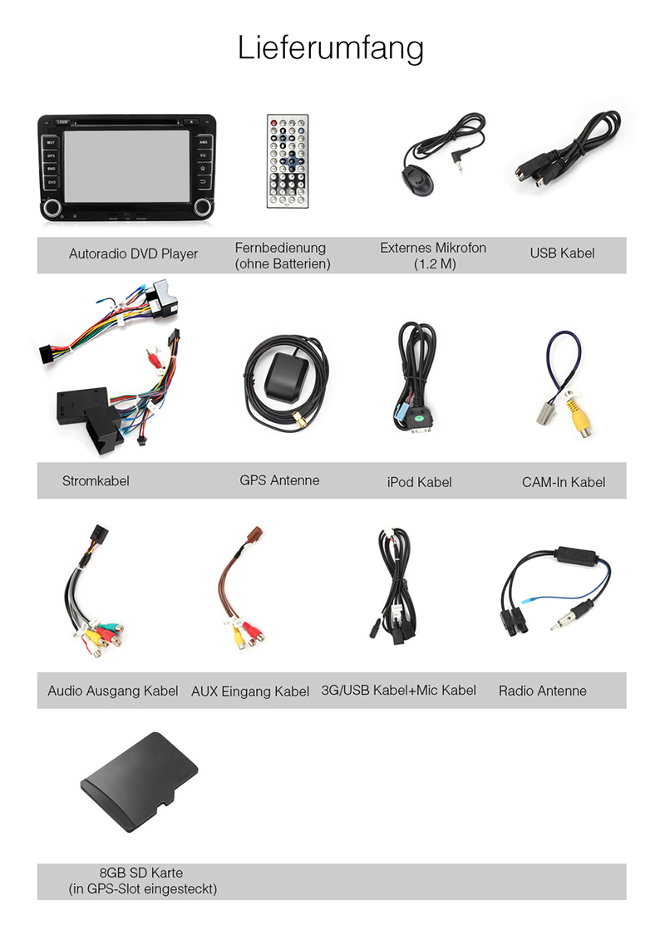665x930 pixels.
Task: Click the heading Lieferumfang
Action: [x=331, y=48]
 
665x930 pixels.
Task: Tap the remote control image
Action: [x=287, y=161]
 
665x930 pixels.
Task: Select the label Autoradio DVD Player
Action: [x=133, y=254]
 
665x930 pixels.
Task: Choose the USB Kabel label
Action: [x=562, y=253]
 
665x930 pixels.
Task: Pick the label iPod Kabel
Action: [x=419, y=482]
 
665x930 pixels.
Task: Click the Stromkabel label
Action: [x=96, y=480]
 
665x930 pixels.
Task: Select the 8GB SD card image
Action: [x=139, y=785]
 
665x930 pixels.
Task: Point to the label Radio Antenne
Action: [x=542, y=691]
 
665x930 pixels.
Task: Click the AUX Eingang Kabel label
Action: [x=250, y=691]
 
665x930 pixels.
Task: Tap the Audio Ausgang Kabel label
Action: [x=113, y=691]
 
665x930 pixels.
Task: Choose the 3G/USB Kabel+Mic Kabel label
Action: [x=399, y=690]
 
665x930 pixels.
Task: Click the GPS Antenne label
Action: [x=279, y=480]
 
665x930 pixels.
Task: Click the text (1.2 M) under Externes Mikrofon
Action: [x=433, y=264]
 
